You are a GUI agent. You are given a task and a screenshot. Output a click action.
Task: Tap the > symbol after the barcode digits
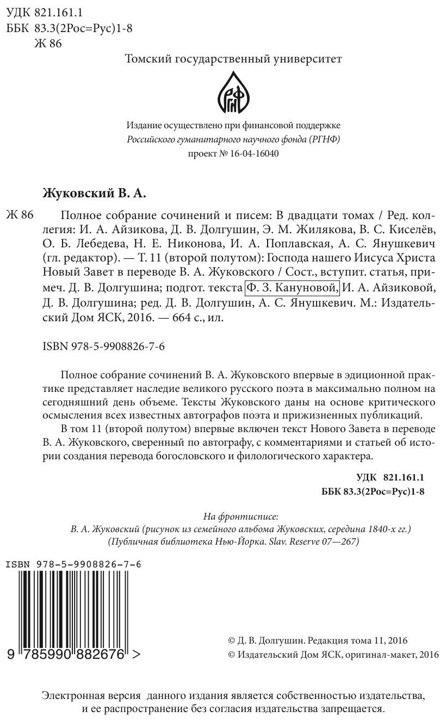(x=137, y=655)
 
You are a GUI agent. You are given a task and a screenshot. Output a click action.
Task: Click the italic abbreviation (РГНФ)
(x=323, y=139)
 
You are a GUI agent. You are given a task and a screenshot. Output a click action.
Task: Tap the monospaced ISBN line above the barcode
(x=73, y=565)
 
